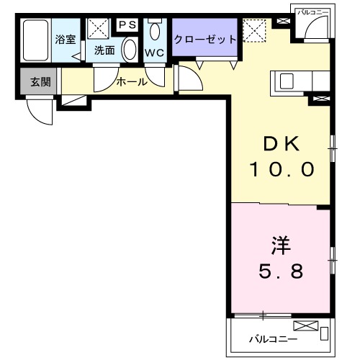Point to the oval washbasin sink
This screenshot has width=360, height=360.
point(129,50)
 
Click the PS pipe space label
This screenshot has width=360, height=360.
point(127,24)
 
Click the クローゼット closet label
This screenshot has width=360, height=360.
point(204,39)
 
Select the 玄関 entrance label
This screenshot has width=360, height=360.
point(40,82)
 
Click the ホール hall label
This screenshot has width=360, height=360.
point(132,82)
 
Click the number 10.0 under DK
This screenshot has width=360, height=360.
point(282,170)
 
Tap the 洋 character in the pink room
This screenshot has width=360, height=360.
point(281,246)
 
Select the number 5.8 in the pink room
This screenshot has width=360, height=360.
point(281,272)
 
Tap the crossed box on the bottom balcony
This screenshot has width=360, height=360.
point(305,326)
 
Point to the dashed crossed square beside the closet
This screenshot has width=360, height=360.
point(253,30)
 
